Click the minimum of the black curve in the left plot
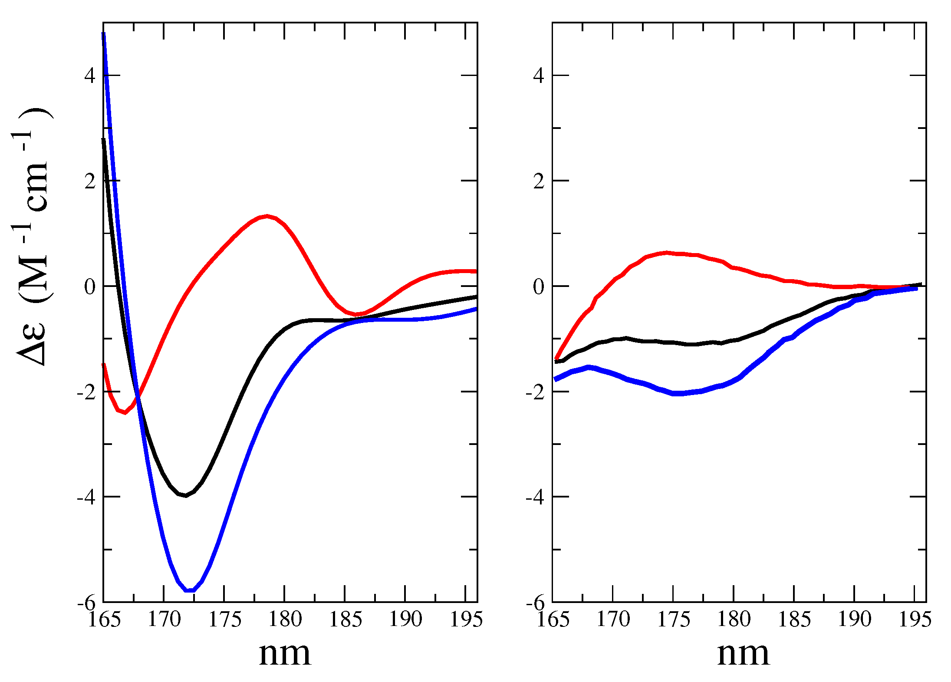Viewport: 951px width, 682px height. [x=186, y=495]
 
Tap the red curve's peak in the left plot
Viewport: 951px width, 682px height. [x=267, y=216]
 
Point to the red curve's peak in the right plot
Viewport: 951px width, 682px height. [x=667, y=252]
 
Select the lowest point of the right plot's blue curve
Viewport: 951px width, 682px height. [x=677, y=393]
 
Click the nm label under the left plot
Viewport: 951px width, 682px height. [x=285, y=654]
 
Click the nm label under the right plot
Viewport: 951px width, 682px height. [x=743, y=654]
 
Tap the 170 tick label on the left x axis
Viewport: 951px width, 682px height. [x=164, y=619]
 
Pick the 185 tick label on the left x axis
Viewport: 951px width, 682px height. [x=346, y=619]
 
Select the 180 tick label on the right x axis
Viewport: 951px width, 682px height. [x=734, y=619]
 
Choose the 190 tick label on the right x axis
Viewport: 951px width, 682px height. [x=854, y=619]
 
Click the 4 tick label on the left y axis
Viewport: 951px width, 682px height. [x=89, y=76]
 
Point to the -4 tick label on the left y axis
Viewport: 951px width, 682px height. [x=86, y=497]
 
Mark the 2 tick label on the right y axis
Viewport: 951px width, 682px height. [x=539, y=181]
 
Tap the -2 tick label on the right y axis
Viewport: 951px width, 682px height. [x=535, y=392]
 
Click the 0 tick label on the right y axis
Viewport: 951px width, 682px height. [x=538, y=287]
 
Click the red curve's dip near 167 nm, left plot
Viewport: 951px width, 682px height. [x=125, y=412]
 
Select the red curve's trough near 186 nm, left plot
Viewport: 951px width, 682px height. [x=357, y=314]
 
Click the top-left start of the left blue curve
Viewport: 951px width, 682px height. [x=104, y=34]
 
